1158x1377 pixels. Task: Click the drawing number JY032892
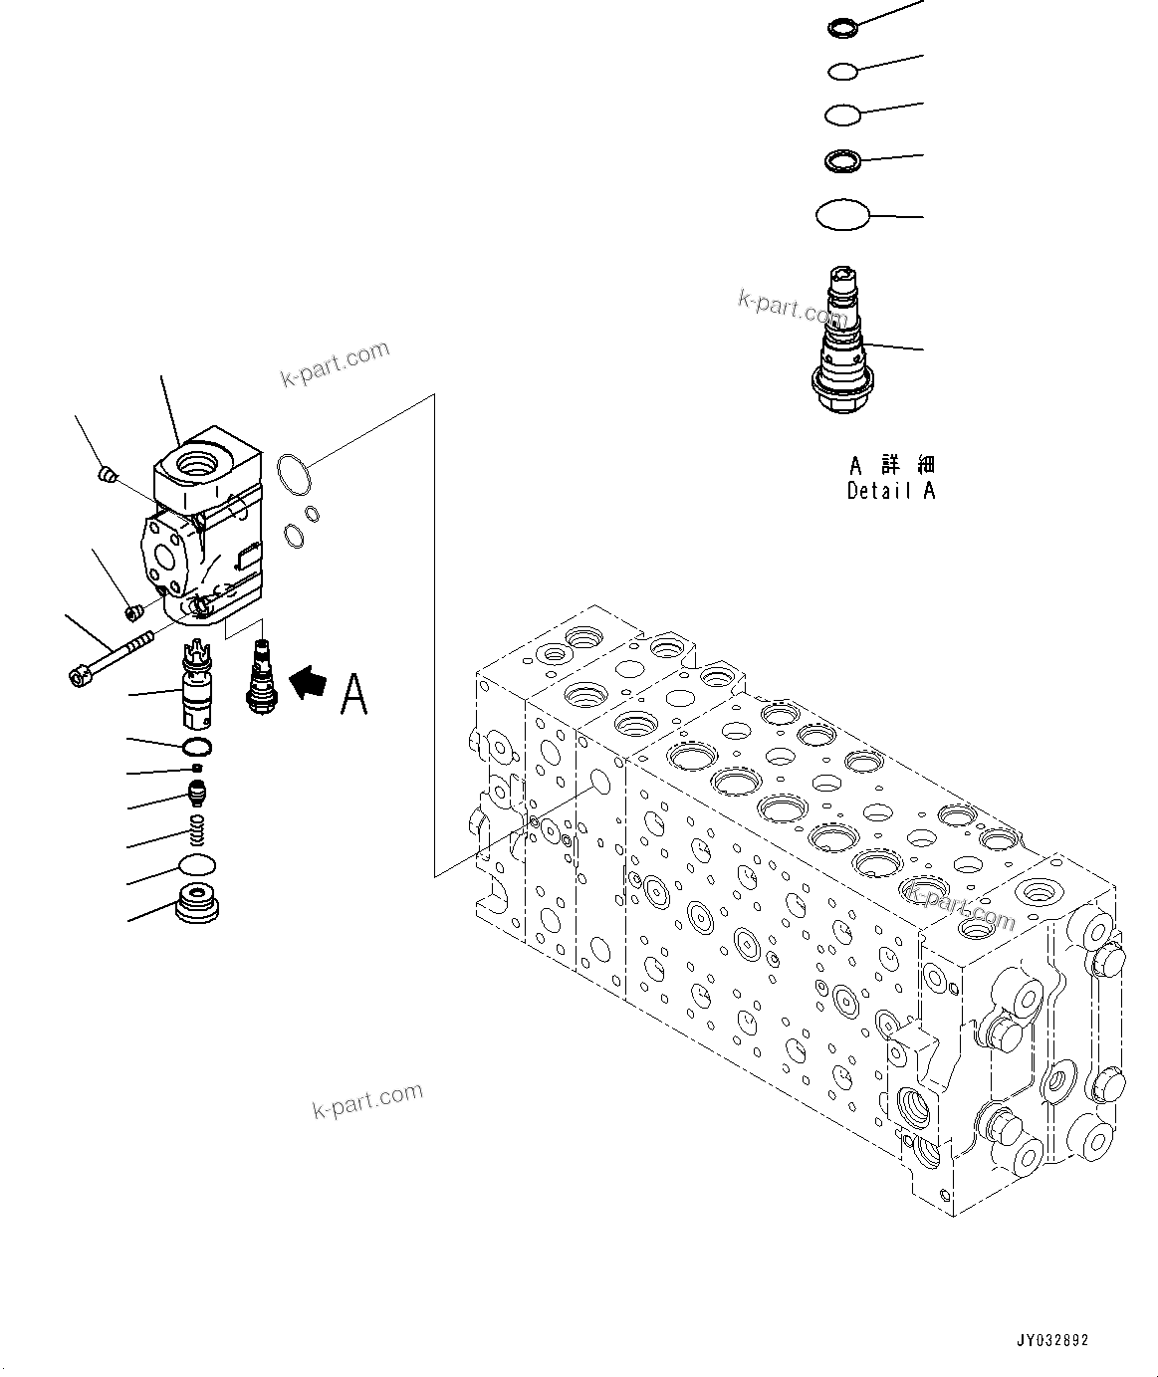click(x=1053, y=1340)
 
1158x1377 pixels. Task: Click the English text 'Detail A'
click(x=891, y=490)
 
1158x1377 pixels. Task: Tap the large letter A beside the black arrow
click(x=353, y=694)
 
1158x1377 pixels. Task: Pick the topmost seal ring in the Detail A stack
click(x=841, y=27)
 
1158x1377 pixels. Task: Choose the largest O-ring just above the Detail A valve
click(x=842, y=214)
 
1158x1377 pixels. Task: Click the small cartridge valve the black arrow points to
click(x=261, y=676)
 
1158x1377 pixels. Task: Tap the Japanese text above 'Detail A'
click(x=892, y=465)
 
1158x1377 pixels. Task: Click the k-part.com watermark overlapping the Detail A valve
click(x=792, y=306)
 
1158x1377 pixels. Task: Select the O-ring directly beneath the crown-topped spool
click(x=197, y=748)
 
